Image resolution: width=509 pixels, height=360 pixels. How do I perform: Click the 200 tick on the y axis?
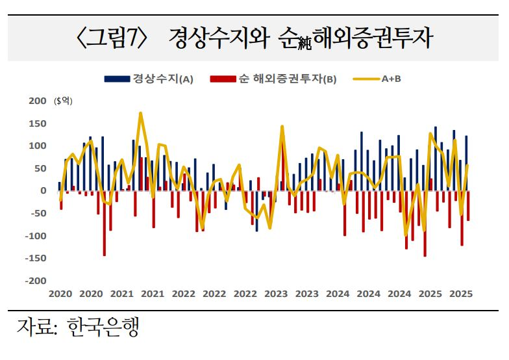[x=38, y=101]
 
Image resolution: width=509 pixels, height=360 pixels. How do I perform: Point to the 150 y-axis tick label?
[x=38, y=123]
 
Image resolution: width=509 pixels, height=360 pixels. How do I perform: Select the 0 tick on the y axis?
[x=43, y=190]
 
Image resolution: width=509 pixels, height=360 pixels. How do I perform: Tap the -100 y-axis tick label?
[x=36, y=236]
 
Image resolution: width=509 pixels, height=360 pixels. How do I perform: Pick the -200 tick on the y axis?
[x=36, y=281]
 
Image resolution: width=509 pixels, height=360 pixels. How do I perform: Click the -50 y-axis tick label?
[x=38, y=213]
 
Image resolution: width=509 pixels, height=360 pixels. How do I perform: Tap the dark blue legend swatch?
[x=116, y=79]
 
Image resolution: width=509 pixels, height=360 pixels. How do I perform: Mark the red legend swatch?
[x=222, y=79]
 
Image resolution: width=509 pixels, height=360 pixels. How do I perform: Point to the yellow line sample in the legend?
[x=366, y=79]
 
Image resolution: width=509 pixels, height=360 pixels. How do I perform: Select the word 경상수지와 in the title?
[x=216, y=38]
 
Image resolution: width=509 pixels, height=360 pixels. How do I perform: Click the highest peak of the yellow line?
[x=140, y=113]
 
